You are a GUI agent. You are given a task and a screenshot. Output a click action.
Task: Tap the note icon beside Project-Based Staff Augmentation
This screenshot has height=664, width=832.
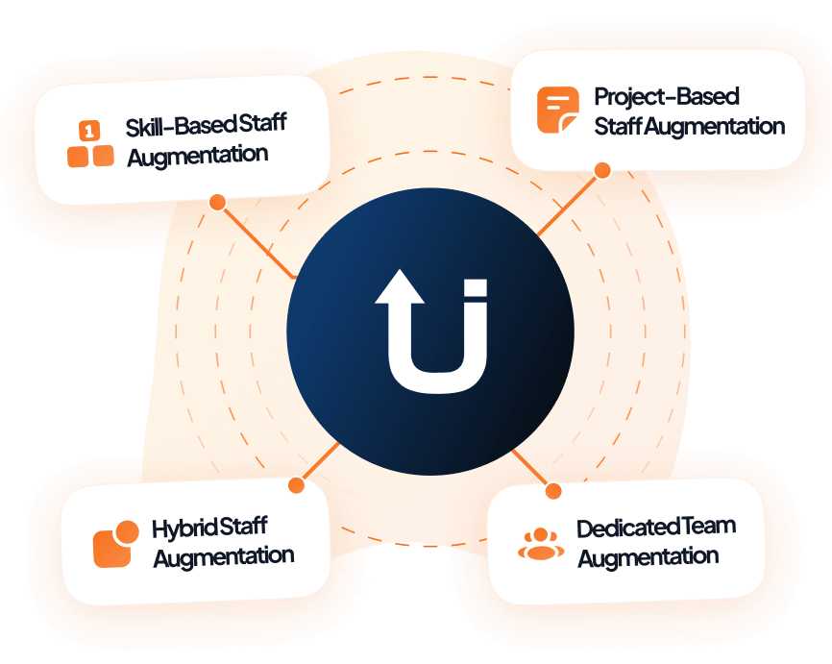click(557, 111)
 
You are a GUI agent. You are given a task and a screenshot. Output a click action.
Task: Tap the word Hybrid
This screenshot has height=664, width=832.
click(184, 528)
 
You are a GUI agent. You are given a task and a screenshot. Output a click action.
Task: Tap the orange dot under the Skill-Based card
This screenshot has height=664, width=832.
click(217, 202)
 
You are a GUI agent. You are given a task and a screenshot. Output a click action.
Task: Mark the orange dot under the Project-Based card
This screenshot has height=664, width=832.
click(602, 170)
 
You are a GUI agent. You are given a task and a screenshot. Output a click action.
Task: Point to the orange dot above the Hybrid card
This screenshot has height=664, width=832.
click(296, 485)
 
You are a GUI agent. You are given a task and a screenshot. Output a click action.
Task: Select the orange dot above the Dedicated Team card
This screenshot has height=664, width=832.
click(552, 491)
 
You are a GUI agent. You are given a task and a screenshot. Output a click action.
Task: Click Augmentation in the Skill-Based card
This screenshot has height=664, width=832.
click(197, 155)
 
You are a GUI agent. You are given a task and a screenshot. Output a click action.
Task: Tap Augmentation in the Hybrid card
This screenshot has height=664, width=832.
click(224, 556)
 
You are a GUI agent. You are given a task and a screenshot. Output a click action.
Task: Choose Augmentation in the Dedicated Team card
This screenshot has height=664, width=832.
click(648, 557)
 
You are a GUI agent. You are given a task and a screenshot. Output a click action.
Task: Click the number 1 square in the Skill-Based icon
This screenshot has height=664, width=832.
click(88, 129)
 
